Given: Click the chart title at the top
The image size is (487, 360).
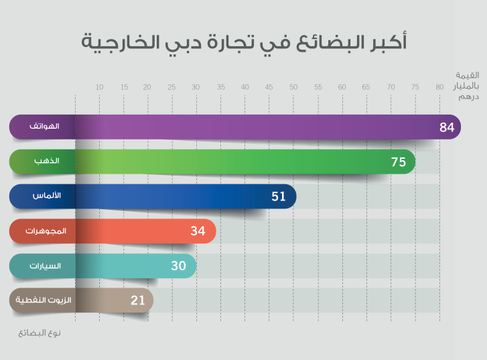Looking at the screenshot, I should tap(244, 42).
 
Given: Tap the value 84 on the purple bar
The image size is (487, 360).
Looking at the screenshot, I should tap(447, 127).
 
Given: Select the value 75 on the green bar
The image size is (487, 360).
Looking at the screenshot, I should tap(399, 162).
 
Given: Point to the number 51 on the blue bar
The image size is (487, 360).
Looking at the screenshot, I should tap(279, 196).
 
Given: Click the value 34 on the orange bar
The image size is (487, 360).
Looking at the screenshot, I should tap(198, 231).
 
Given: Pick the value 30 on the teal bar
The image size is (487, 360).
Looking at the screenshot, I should tap(178, 266).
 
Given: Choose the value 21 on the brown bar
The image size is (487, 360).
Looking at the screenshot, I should tap(138, 300).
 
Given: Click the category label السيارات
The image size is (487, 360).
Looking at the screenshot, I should tap(45, 266).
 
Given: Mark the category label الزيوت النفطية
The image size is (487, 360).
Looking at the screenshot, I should tap(41, 300).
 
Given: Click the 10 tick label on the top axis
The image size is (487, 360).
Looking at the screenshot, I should tap(99, 87).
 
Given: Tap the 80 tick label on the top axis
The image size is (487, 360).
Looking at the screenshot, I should tap(439, 87).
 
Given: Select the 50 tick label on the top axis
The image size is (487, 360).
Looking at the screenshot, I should tap(293, 87).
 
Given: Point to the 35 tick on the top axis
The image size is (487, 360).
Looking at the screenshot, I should tap(220, 87).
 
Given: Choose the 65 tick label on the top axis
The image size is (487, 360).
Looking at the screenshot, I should tap(366, 87).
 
